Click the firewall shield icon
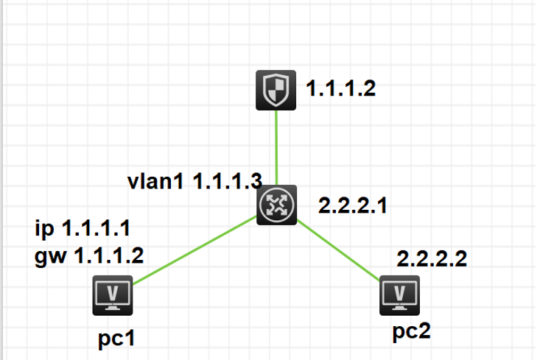(276, 90)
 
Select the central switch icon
(276, 205)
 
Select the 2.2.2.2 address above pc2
(432, 258)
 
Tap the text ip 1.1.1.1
(88, 228)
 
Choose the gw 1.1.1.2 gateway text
(89, 255)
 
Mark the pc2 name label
(411, 331)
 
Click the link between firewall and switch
(276, 147)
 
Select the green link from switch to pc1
(195, 250)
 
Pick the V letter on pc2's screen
(399, 292)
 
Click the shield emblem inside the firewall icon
(276, 90)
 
